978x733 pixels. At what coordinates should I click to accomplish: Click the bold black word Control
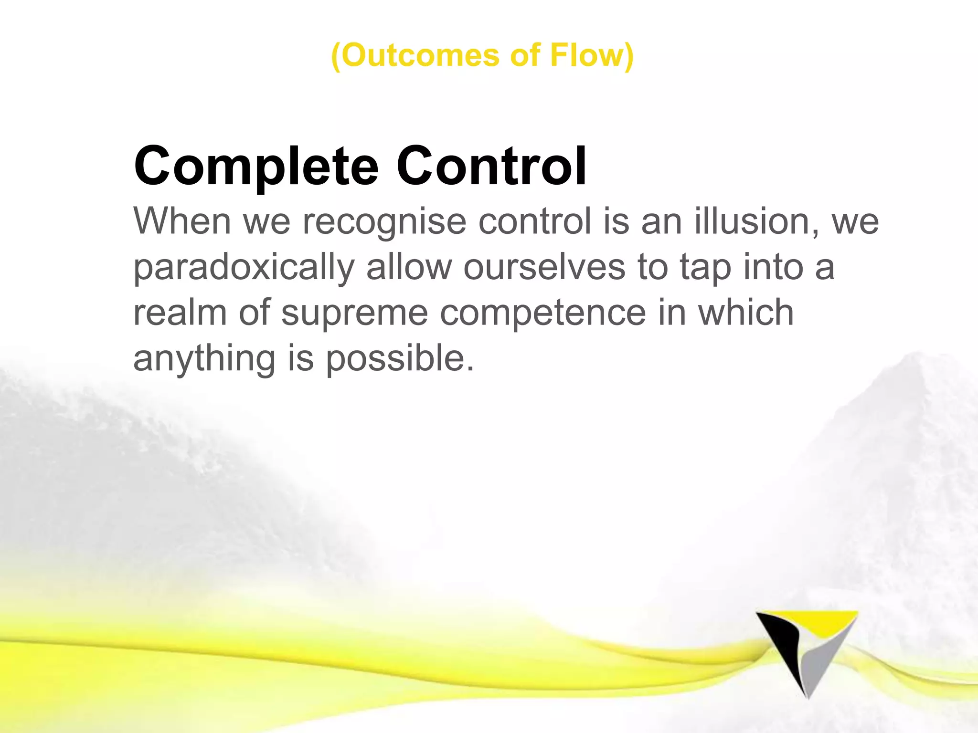coord(491,166)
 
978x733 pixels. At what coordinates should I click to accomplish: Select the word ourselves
coord(544,267)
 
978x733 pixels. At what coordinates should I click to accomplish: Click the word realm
coord(180,313)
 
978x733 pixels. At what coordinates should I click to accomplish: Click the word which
coord(746,313)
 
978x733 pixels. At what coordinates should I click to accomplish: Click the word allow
coord(409,267)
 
